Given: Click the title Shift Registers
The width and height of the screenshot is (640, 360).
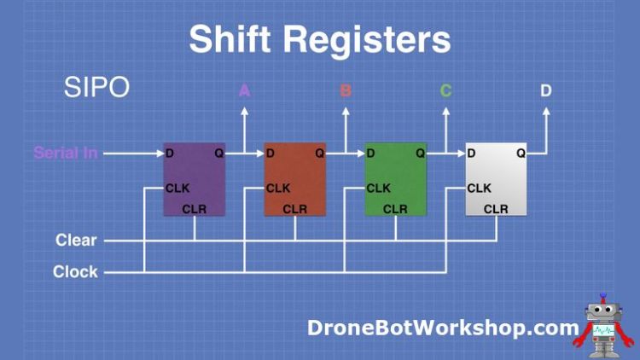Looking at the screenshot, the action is tap(319, 39).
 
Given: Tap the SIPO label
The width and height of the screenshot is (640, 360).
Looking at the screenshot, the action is tap(96, 87).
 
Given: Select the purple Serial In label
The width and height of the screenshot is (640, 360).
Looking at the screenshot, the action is tap(66, 154).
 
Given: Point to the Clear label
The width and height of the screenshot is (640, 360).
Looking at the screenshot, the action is tap(76, 241).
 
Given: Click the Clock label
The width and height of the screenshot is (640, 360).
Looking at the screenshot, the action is tap(75, 272).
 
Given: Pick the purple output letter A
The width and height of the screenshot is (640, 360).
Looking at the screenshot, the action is tap(244, 90).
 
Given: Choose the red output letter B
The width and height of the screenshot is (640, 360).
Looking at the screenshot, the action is tap(346, 90).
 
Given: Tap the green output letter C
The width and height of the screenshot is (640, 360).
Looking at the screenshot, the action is tap(445, 90).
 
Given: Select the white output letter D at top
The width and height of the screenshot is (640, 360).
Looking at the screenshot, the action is tap(546, 90).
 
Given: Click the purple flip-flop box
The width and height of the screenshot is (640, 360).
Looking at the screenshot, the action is tap(195, 179).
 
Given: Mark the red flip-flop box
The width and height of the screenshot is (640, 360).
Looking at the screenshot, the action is tap(295, 179).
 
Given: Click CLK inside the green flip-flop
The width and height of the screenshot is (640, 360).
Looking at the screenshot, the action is tap(378, 189).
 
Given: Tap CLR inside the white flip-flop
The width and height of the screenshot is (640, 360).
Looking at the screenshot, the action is tap(496, 209).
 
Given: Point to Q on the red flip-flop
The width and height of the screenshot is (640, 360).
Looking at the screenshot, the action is tap(319, 154).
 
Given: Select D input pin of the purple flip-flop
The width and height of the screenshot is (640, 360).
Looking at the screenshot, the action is tap(170, 154).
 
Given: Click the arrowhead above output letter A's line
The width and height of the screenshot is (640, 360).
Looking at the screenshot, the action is tap(244, 110).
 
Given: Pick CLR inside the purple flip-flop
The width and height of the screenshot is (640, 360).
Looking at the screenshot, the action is tap(195, 209).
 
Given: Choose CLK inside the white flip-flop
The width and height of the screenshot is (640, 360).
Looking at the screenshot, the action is tap(479, 189).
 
